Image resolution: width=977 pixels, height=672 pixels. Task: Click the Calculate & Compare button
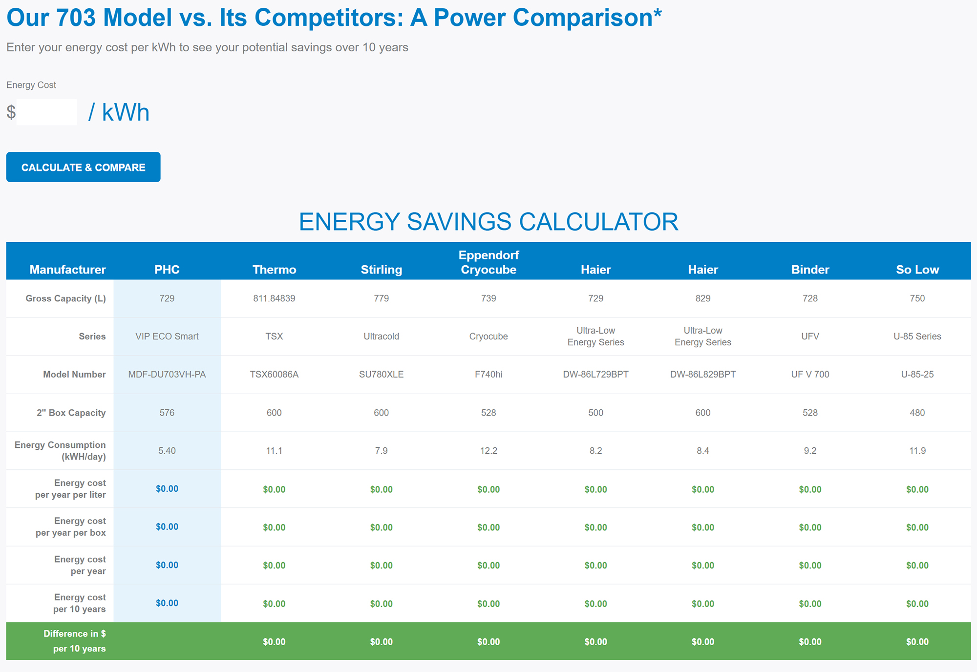83,167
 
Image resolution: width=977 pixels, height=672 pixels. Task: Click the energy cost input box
46,112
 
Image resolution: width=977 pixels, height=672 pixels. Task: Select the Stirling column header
381,270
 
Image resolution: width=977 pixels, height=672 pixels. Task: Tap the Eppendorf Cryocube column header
488,262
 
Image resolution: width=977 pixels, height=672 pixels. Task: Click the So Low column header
917,270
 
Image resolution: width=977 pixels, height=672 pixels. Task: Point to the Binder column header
810,270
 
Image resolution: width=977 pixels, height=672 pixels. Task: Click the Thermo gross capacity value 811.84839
274,298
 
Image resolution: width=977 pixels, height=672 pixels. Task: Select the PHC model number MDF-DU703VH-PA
167,375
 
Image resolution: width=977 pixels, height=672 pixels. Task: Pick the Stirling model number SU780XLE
381,375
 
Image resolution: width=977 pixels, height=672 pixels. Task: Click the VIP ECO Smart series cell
167,336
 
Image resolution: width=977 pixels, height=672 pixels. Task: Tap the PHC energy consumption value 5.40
167,451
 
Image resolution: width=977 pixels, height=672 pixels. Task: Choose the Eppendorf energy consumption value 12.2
488,451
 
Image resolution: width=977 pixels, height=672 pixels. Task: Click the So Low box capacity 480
917,413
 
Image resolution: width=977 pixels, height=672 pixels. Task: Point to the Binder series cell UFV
810,336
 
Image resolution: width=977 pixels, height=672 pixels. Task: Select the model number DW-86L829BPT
702,375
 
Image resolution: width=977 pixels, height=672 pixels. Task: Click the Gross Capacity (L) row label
65,298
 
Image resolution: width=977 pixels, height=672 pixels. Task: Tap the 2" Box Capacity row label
71,413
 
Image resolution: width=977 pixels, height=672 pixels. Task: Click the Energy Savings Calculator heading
488,222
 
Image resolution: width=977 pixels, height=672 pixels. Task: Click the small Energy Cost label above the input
31,85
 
